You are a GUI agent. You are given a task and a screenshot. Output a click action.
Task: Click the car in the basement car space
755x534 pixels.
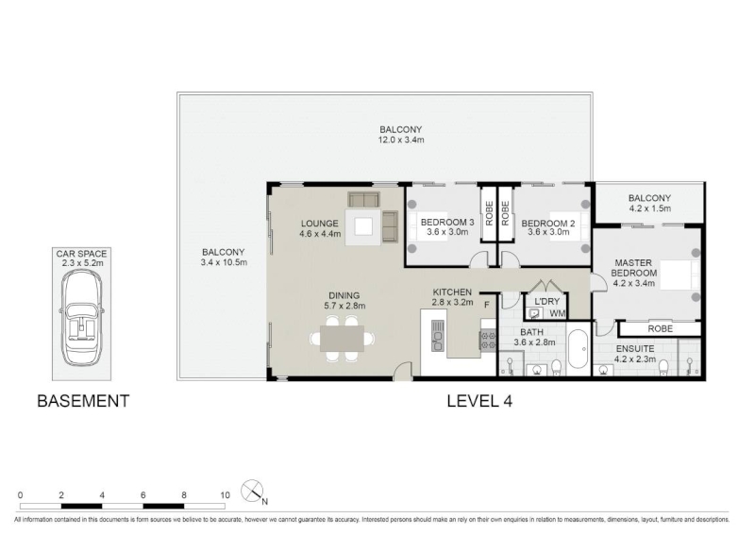click(x=82, y=317)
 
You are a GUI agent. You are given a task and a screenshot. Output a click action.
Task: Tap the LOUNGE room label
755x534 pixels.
click(x=320, y=224)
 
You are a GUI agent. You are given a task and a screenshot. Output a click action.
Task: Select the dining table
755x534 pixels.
click(x=343, y=339)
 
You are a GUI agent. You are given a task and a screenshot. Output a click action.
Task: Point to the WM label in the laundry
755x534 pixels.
click(x=557, y=314)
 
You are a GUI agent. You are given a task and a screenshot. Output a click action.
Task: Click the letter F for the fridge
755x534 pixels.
click(x=487, y=305)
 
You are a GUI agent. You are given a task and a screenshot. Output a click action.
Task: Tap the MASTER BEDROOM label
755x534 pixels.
click(x=633, y=268)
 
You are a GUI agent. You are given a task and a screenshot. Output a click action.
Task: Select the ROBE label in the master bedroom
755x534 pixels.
click(x=660, y=329)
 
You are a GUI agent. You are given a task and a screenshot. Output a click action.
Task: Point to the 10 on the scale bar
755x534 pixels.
click(x=225, y=495)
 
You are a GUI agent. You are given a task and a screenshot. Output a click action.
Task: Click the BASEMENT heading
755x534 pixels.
click(x=83, y=401)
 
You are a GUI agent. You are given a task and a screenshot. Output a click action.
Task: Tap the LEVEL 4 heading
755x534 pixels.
click(x=479, y=401)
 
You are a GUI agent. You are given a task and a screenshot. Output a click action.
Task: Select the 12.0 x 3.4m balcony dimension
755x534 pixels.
click(x=400, y=141)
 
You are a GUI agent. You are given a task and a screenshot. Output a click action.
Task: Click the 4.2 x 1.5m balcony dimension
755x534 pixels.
click(x=649, y=209)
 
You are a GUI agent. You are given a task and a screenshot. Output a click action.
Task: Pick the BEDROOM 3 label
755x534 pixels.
click(x=447, y=222)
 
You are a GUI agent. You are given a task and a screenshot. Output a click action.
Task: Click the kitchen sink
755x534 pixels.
click(x=438, y=336)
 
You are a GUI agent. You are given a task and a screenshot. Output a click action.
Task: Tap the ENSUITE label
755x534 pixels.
click(x=635, y=349)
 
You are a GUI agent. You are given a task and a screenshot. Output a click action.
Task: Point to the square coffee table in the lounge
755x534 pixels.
click(x=363, y=226)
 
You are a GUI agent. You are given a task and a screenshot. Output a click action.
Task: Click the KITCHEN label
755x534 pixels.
click(x=452, y=292)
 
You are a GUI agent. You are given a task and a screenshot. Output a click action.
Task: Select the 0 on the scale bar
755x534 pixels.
click(x=20, y=495)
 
